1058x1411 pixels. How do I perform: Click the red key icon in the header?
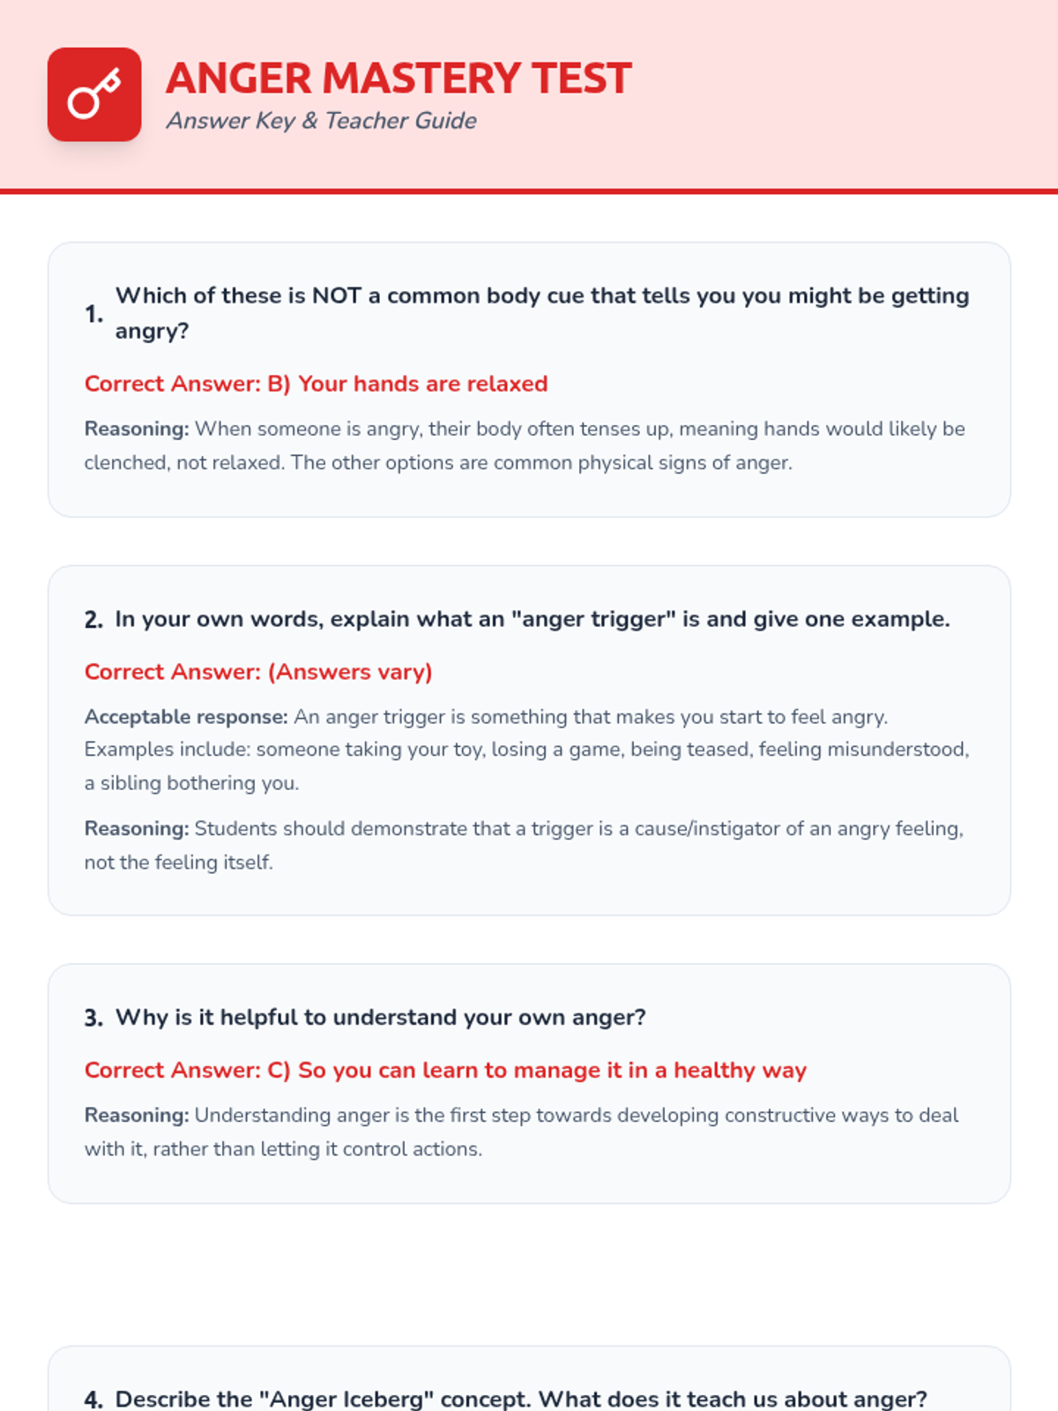coord(94,94)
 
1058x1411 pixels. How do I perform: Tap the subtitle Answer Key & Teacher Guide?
coord(321,121)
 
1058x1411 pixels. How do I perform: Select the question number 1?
coord(93,314)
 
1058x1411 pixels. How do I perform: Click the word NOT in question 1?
coord(337,295)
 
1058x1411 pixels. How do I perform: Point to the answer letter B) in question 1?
coord(279,384)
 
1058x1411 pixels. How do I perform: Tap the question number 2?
coord(93,620)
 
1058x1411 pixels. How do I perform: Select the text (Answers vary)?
coord(350,672)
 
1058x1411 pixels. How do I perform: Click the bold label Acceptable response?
coord(186,717)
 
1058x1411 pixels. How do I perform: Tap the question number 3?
coord(93,1018)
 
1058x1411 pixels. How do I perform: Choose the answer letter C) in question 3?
coord(279,1071)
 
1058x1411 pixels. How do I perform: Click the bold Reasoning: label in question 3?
coord(137,1116)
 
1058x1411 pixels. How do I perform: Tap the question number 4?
coord(93,1400)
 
